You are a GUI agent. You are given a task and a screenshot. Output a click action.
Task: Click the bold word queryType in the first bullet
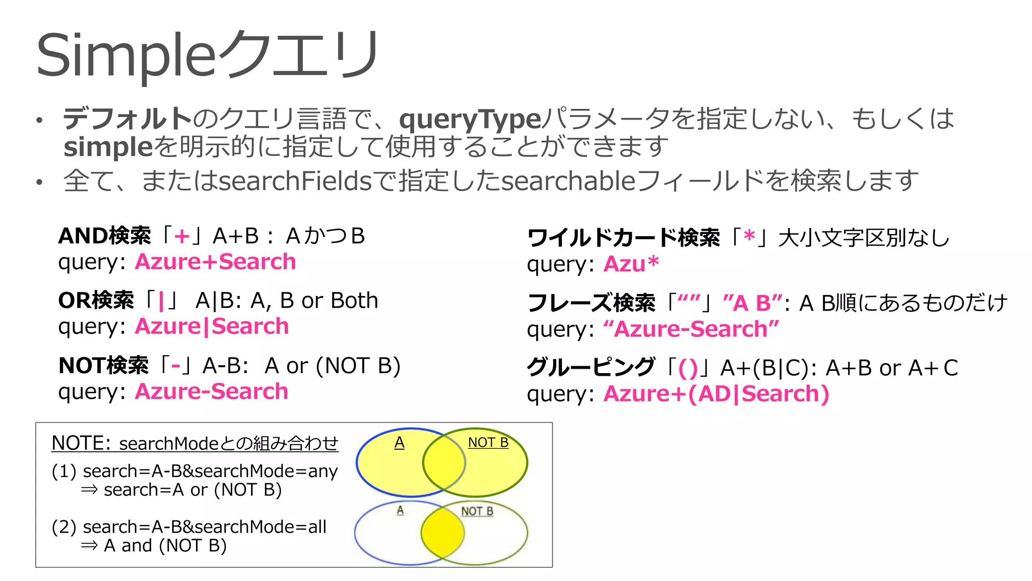point(470,119)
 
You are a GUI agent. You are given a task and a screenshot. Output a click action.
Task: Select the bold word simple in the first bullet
point(108,147)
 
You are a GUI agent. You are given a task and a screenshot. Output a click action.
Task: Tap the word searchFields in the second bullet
point(295,181)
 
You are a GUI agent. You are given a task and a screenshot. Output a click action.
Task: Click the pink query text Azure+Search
point(215,262)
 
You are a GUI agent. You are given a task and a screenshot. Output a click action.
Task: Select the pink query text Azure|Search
point(212,326)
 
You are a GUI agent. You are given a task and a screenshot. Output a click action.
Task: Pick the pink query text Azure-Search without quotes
point(212,391)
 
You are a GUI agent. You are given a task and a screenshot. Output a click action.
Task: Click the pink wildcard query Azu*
point(631,264)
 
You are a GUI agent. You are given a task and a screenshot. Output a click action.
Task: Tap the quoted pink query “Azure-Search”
point(691,329)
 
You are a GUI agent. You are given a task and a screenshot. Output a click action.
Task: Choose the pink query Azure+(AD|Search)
point(716,394)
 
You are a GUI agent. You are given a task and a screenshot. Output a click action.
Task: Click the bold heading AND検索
point(104,236)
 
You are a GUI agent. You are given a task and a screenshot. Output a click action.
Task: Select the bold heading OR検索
point(96,301)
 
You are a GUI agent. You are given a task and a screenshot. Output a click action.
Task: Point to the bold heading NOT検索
point(103,366)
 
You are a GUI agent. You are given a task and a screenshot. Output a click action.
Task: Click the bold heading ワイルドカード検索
point(623,238)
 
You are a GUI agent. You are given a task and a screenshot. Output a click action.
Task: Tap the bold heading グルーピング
point(590,368)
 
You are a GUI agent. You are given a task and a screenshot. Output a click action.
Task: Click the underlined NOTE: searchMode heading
point(195,443)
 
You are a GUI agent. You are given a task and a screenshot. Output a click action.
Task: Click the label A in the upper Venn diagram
point(399,443)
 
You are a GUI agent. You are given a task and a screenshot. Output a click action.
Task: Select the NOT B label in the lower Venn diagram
point(477,511)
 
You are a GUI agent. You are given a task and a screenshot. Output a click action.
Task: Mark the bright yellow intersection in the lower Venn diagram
point(442,533)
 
